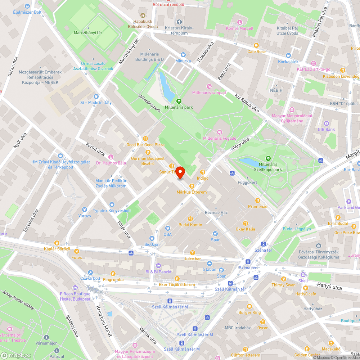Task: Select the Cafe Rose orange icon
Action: coord(256,45)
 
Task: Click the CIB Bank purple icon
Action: coord(326,123)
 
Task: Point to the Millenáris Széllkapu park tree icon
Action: coord(268,158)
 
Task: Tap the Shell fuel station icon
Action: coord(303,274)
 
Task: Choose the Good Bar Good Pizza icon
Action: coord(145,138)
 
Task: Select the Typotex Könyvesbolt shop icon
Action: coord(112,204)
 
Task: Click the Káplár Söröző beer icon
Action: coord(57,243)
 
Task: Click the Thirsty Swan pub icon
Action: coord(283,278)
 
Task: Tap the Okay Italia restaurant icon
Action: coord(245,223)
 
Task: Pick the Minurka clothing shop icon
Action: coord(183,54)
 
